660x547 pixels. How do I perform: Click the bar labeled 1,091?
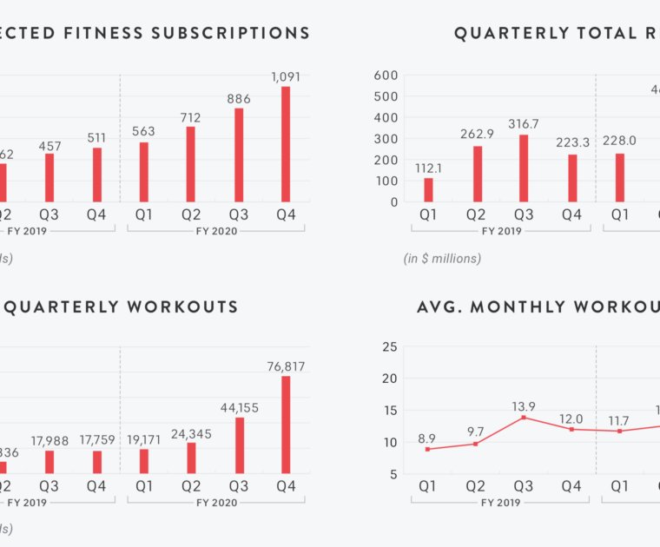[x=286, y=144]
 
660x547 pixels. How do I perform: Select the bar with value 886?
[x=239, y=155]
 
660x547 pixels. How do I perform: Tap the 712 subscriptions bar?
[x=191, y=164]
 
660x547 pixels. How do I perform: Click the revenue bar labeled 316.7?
[x=524, y=168]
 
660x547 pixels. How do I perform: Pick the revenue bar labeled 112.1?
[x=428, y=189]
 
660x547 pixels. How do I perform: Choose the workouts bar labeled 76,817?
[x=286, y=425]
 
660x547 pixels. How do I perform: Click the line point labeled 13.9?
[x=524, y=418]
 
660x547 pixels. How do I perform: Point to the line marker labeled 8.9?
[x=428, y=449]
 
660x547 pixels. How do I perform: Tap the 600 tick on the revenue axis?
[x=386, y=76]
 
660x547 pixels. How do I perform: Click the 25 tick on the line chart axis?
[x=389, y=347]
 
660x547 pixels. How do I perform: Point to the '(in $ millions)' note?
[x=442, y=258]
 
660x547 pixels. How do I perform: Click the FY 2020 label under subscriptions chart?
[x=214, y=231]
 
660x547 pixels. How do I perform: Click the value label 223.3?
[x=571, y=142]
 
